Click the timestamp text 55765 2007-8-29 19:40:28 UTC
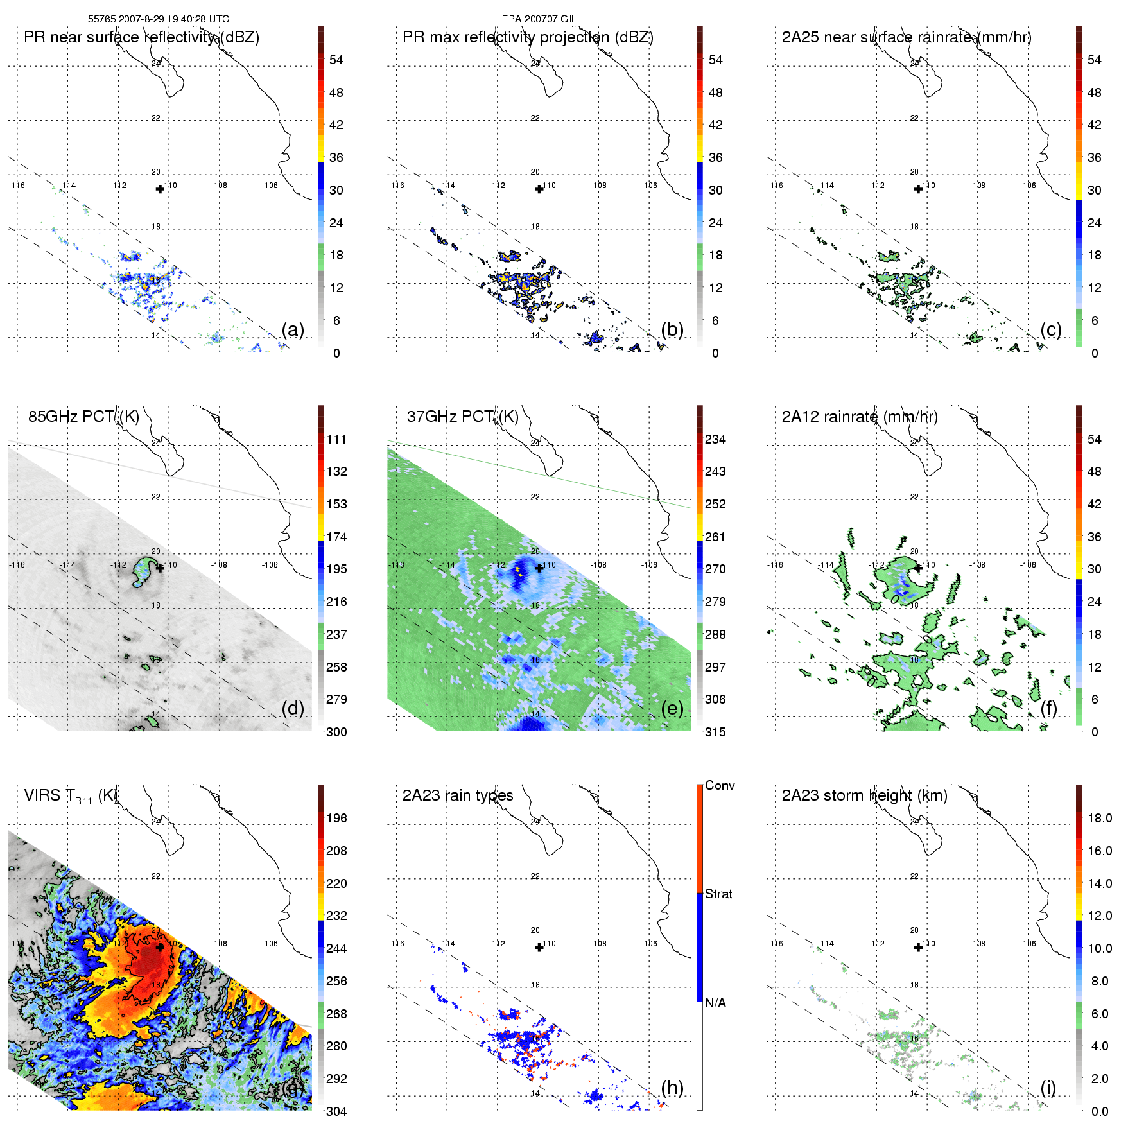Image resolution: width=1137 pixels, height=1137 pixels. [x=158, y=19]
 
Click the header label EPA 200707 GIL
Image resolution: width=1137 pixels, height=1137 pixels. [x=539, y=19]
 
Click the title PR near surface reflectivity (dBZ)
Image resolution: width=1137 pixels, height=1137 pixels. [x=141, y=37]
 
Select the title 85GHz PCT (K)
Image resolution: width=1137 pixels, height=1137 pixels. [x=83, y=417]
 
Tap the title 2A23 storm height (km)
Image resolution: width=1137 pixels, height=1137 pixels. [x=864, y=795]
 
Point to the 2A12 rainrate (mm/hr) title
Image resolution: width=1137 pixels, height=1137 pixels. [x=860, y=417]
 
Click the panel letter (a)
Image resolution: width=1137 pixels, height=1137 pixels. [x=293, y=330]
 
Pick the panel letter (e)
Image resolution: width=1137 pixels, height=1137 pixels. [x=672, y=709]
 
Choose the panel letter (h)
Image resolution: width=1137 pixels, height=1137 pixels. [x=672, y=1088]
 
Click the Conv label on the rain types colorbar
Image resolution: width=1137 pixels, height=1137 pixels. [x=720, y=785]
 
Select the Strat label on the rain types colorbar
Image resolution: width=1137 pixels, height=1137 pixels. [x=718, y=894]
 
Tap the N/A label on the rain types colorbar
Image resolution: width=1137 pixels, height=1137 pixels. [x=716, y=1002]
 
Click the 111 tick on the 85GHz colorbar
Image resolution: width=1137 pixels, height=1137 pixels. [x=336, y=439]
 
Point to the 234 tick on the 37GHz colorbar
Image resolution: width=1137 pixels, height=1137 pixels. [x=715, y=439]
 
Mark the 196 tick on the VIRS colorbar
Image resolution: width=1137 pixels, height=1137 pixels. [x=336, y=818]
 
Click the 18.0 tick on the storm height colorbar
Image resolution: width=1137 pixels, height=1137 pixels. [x=1100, y=818]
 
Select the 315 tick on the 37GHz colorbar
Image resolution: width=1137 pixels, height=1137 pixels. [x=715, y=732]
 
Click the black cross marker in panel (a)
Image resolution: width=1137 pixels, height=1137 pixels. [x=160, y=189]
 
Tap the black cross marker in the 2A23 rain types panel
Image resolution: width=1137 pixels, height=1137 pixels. [x=539, y=948]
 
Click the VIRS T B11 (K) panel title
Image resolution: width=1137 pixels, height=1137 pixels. [x=71, y=796]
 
